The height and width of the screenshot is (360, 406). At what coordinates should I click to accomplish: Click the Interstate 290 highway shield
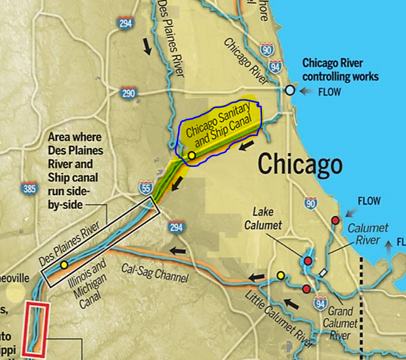(x=129, y=93)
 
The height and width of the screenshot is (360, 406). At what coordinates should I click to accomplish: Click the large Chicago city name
(x=300, y=164)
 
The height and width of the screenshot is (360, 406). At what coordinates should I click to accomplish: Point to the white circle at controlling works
(x=289, y=90)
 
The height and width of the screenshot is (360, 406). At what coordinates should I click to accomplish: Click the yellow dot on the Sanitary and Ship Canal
(x=191, y=156)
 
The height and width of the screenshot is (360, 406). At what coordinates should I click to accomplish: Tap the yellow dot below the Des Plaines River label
(x=64, y=265)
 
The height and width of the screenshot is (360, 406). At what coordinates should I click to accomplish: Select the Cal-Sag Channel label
(x=155, y=274)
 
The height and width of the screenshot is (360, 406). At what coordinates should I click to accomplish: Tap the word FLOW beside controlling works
(x=329, y=92)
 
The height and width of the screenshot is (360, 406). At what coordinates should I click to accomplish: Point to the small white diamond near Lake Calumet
(x=323, y=272)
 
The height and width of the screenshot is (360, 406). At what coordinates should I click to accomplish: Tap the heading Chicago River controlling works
(x=340, y=70)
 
